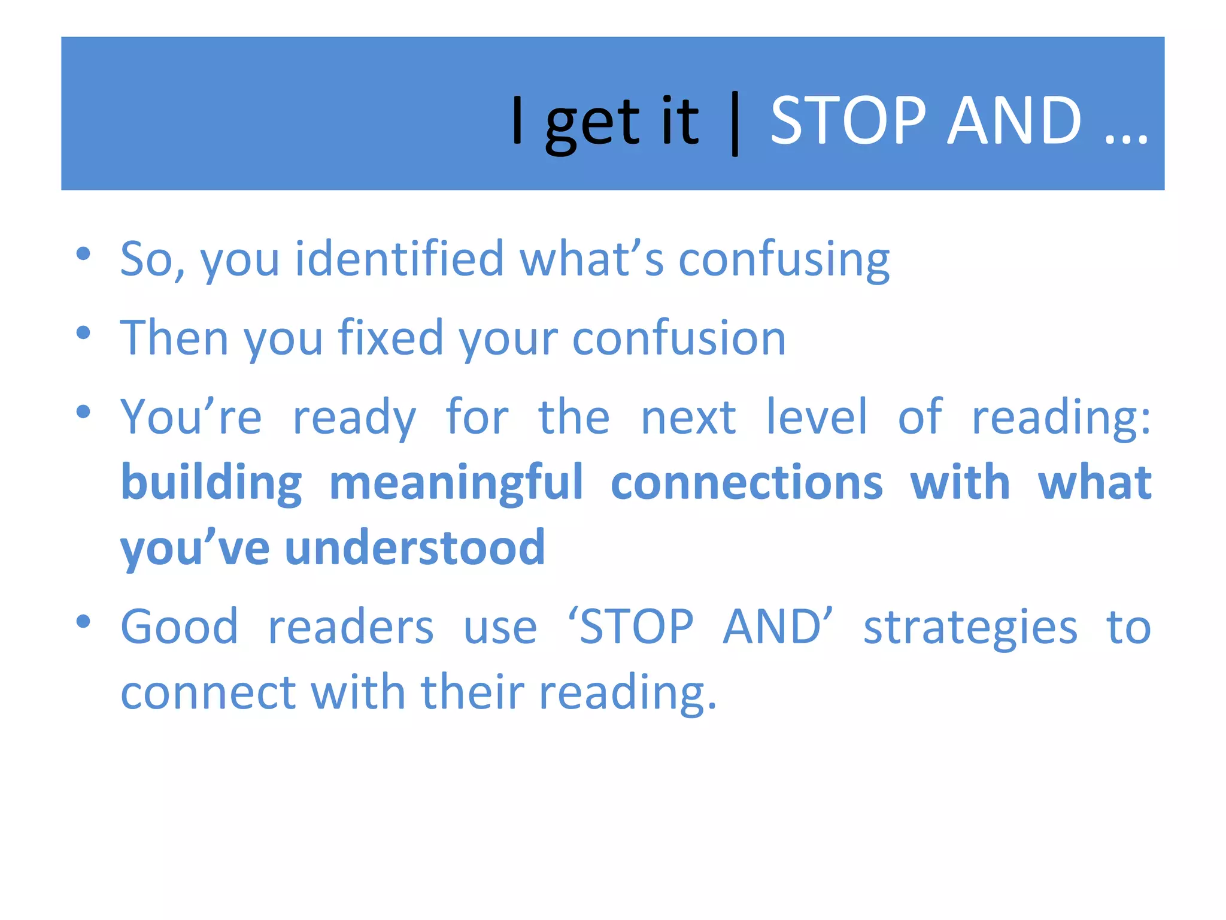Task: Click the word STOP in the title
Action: point(848,122)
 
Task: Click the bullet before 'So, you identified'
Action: point(83,253)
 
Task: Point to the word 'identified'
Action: point(399,259)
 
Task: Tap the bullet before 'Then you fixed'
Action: point(83,332)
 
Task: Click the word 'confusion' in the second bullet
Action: point(679,338)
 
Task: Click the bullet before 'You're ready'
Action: point(83,411)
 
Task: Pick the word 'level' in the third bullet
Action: point(817,417)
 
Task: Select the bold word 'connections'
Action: point(746,483)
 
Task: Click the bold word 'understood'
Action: point(415,547)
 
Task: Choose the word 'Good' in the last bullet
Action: point(179,627)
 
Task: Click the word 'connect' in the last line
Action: point(208,692)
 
